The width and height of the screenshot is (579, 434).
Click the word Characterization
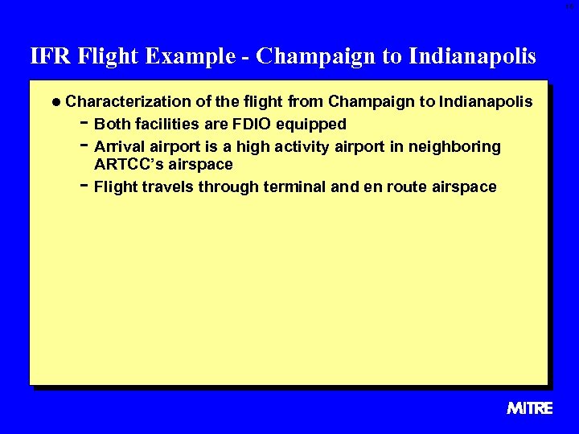click(128, 102)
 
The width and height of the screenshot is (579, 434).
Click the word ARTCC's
click(132, 165)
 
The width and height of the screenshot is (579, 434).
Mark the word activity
click(304, 147)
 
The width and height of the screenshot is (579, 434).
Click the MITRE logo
click(530, 408)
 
